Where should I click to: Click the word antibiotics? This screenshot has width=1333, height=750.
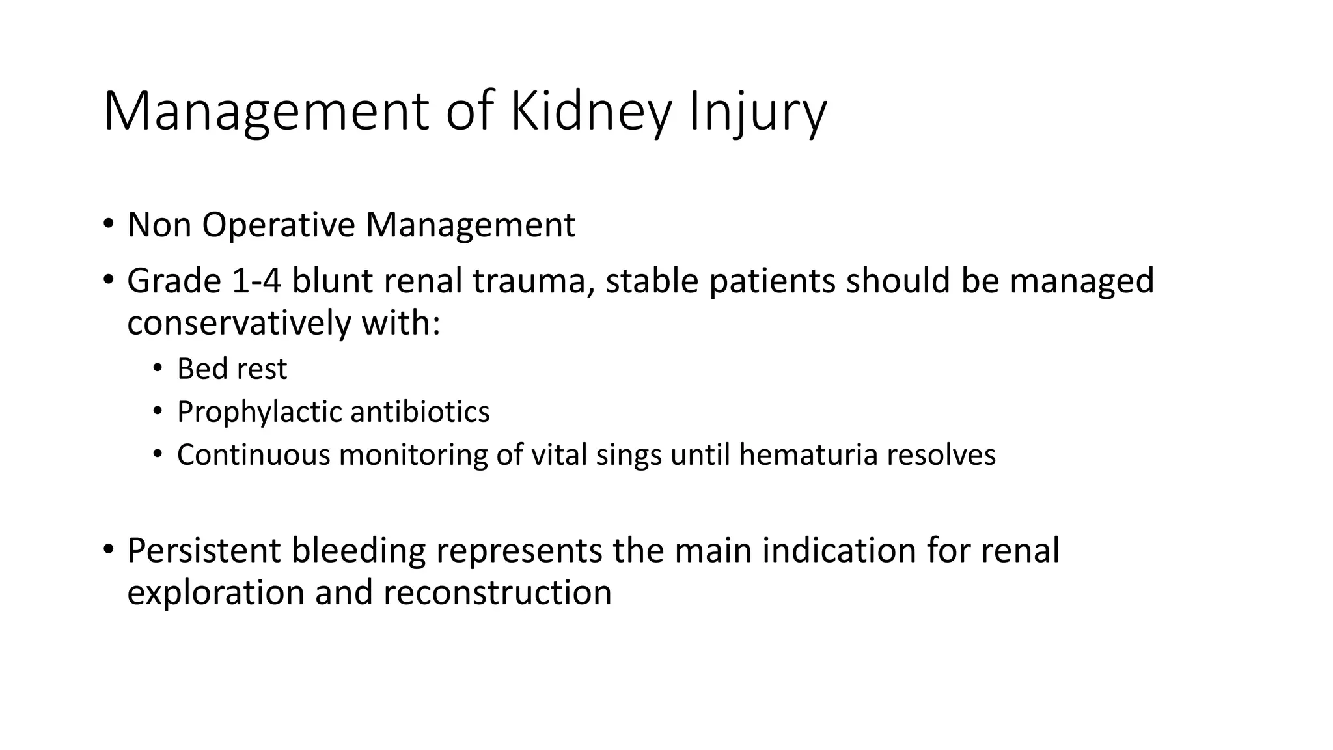[420, 411]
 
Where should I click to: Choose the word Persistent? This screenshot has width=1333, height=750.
[204, 550]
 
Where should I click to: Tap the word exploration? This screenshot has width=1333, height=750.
[215, 592]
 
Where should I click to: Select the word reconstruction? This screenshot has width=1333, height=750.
[497, 592]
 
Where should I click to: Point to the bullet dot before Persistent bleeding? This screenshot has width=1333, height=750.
[107, 549]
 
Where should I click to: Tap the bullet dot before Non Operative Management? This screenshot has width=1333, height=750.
[107, 225]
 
